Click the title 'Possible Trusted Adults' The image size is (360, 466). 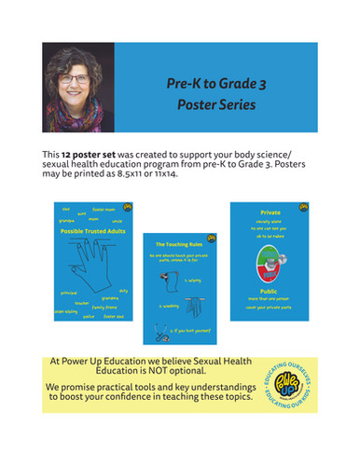click(89, 231)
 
